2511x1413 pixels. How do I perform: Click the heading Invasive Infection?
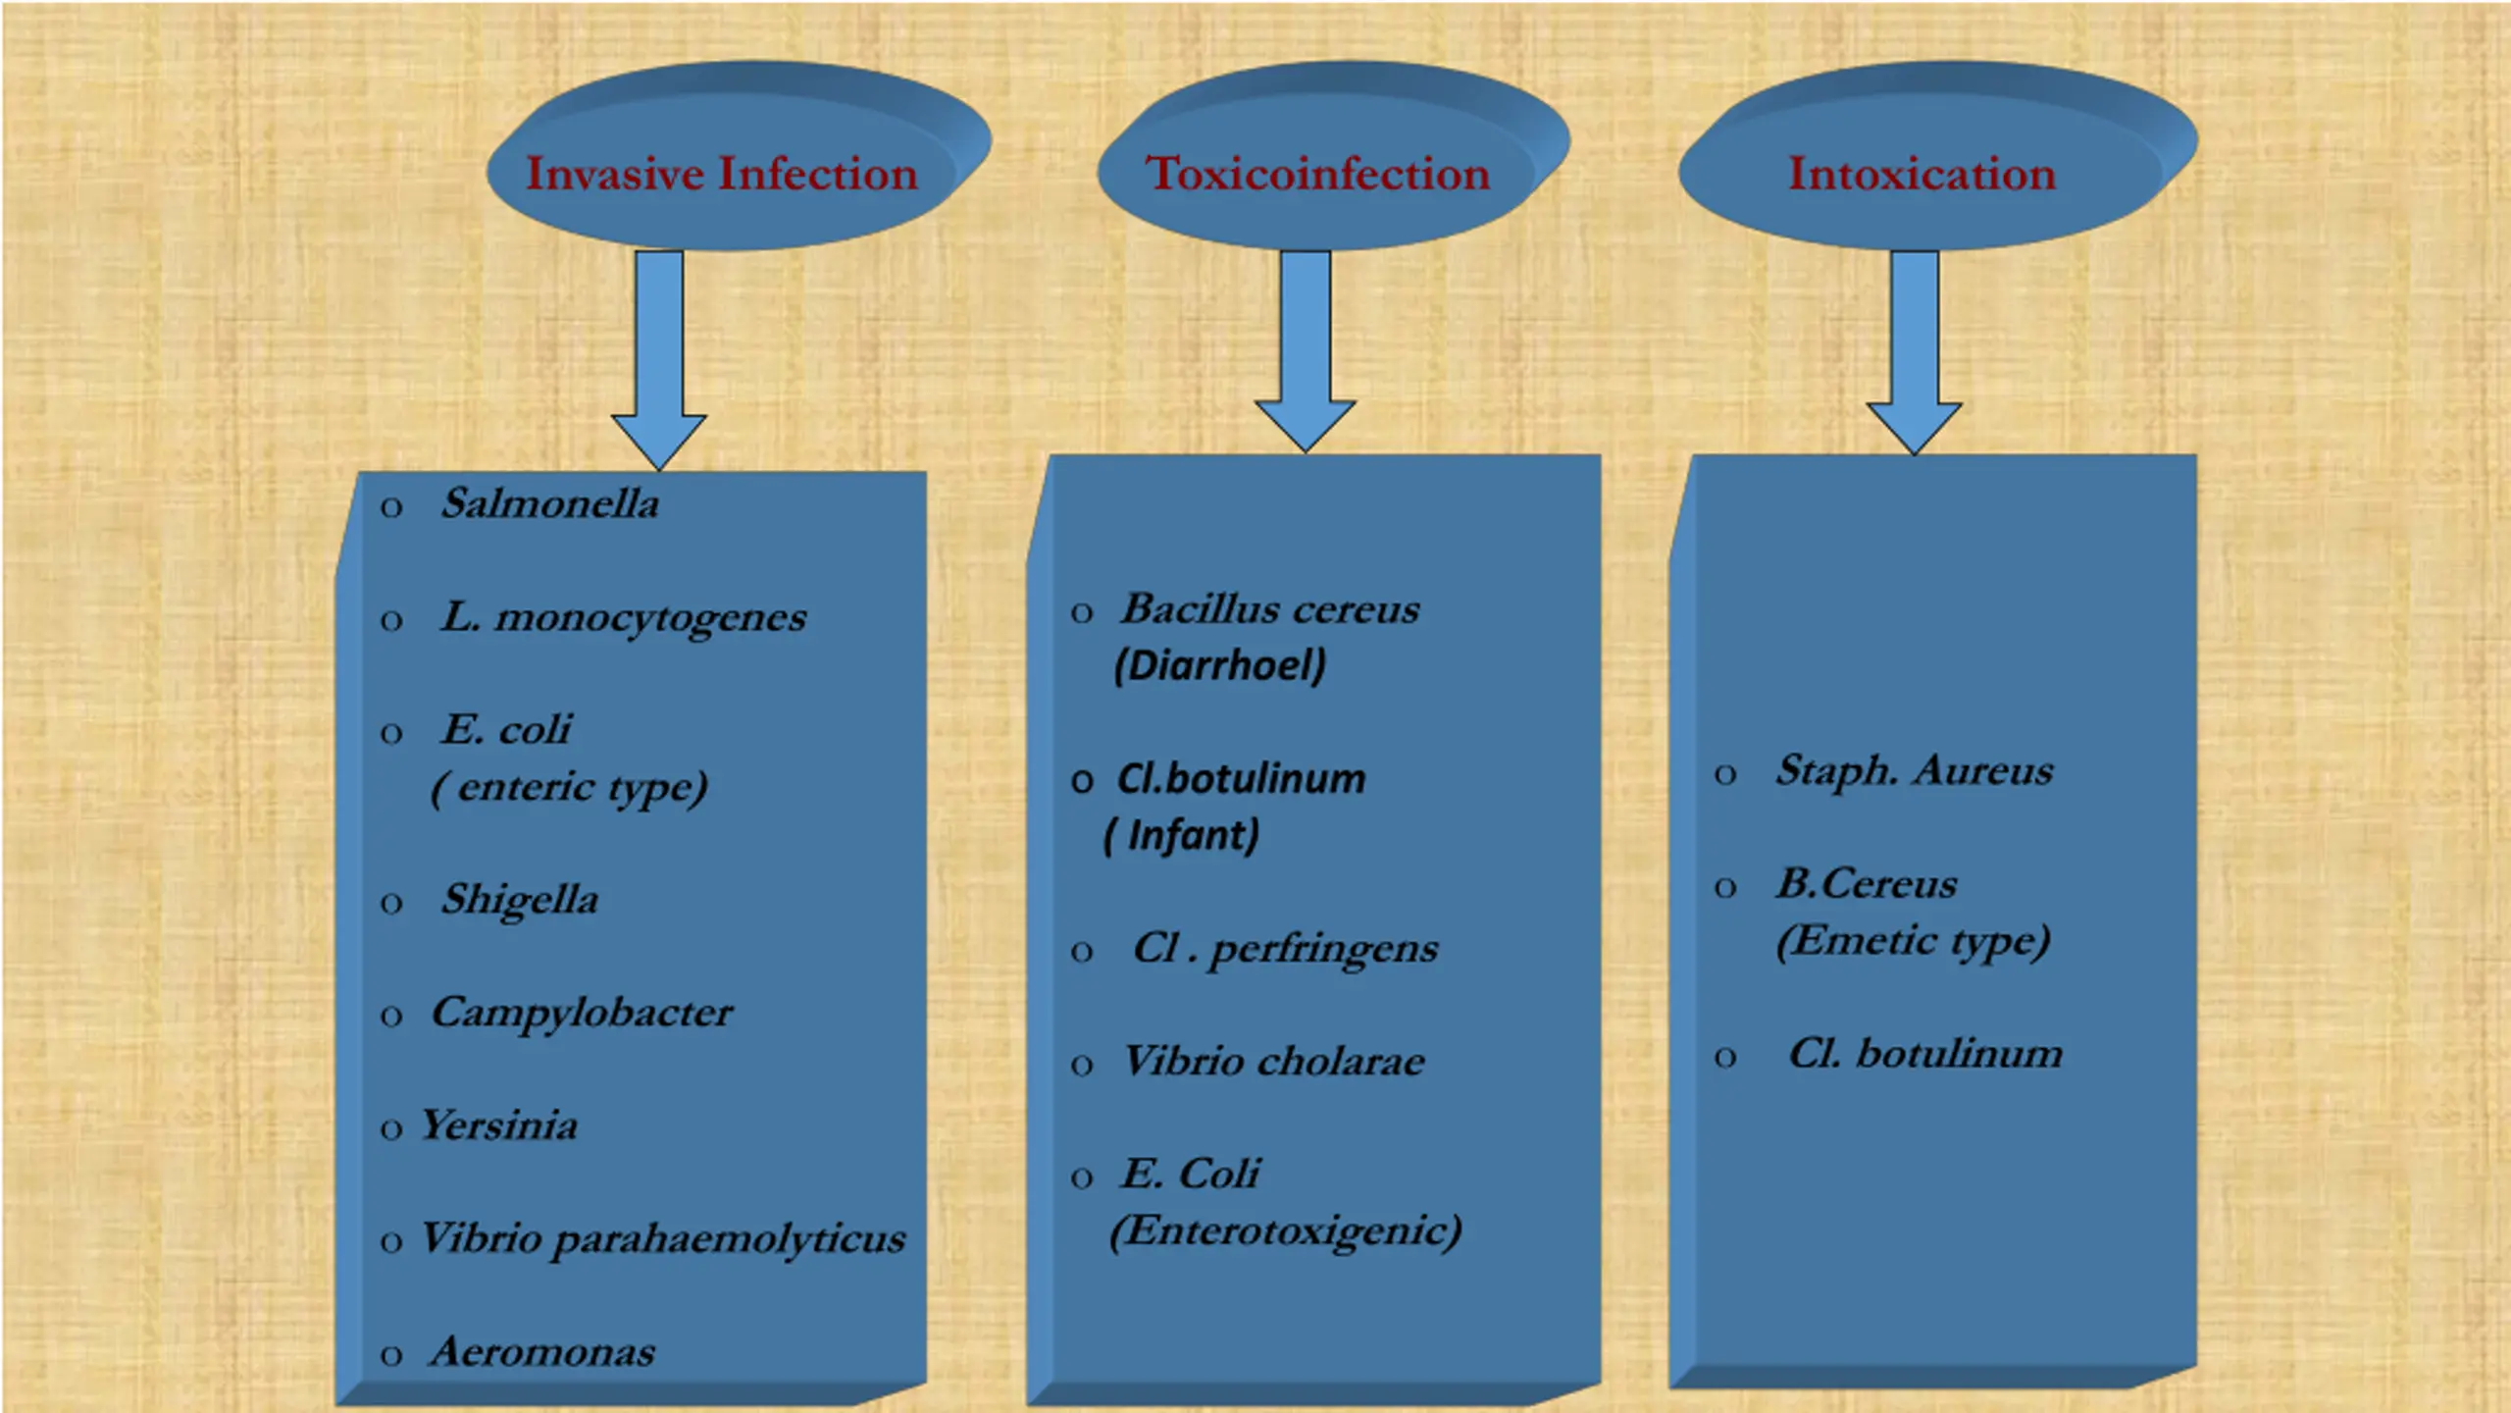pos(722,175)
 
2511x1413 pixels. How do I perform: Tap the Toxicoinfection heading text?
pos(1317,175)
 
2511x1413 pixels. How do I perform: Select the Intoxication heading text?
pos(1922,175)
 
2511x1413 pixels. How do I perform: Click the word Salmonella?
pos(550,504)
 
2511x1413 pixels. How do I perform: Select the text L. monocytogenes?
pos(624,618)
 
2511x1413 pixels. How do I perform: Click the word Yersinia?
pos(499,1126)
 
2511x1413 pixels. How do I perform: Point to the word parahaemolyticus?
pos(729,1240)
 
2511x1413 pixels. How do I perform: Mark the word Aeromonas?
pos(542,1353)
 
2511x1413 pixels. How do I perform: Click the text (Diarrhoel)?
pos(1220,666)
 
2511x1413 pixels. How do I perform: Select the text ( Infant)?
pos(1181,836)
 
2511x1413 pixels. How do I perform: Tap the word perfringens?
pos(1324,950)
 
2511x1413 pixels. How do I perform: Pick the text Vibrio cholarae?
pos(1274,1062)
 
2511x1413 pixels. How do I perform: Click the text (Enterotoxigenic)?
pos(1286,1231)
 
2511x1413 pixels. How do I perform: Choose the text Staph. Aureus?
pos(1914,771)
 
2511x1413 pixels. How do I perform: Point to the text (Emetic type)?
pos(1914,941)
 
